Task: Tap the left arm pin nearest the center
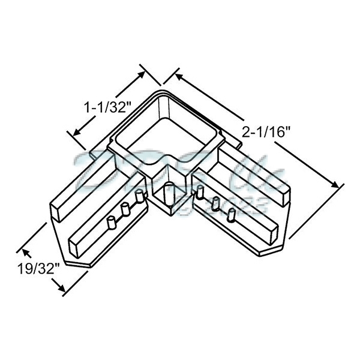140,197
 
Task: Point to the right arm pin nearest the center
200,193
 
